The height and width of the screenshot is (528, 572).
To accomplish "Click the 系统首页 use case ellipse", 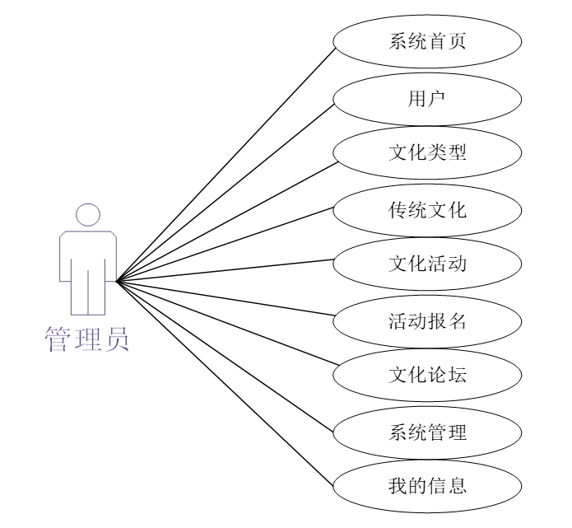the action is click(427, 41).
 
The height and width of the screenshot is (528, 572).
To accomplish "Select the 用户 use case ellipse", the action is click(427, 98).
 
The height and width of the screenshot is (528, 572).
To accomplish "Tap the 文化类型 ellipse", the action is click(427, 153).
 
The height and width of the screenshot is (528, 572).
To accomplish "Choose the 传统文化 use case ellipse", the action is click(427, 209).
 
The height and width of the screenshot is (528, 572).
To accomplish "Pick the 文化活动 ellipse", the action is click(427, 264).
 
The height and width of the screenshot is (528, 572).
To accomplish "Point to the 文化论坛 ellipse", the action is click(427, 375).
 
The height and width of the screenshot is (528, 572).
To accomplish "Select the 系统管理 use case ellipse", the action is click(427, 431).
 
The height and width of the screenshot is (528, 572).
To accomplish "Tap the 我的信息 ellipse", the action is click(427, 485).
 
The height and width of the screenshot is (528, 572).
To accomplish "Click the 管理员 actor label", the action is click(87, 338).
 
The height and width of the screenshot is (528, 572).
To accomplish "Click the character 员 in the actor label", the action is click(115, 338).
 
